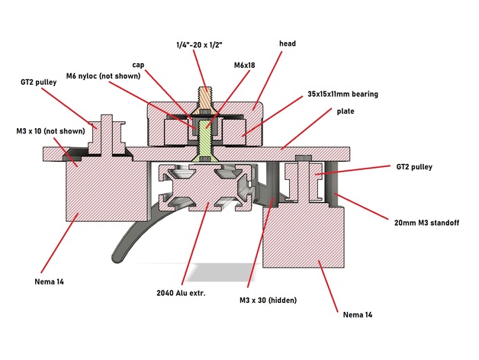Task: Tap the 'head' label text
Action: (287, 44)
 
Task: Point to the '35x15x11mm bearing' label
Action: (343, 94)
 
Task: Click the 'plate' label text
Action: (346, 111)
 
